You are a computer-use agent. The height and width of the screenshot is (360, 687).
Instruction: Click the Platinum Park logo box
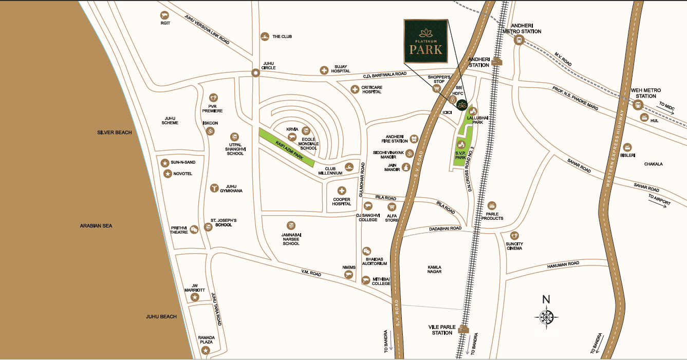(426, 41)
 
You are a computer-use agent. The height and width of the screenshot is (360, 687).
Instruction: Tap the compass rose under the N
(546, 316)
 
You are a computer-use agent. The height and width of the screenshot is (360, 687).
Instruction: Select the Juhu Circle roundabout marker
(255, 73)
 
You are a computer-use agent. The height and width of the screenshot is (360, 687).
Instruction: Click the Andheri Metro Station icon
(518, 40)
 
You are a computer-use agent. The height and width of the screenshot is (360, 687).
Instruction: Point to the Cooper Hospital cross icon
(342, 191)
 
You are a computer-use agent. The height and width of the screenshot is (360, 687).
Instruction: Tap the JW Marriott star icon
(195, 297)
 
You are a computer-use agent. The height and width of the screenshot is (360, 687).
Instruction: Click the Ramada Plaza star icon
(206, 351)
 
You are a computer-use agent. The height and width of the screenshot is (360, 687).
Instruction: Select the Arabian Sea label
(96, 226)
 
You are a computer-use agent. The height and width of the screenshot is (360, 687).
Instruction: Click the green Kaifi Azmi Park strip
(287, 147)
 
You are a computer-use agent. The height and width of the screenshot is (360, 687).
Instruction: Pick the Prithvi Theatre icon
(194, 230)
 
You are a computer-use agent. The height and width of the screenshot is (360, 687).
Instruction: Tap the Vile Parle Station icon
(464, 329)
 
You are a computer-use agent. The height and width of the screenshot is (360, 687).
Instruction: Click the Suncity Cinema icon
(507, 235)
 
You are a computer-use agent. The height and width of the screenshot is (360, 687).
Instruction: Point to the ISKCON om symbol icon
(210, 132)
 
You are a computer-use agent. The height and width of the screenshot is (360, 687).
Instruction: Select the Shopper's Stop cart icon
(436, 88)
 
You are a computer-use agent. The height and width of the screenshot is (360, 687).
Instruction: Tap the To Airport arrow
(659, 202)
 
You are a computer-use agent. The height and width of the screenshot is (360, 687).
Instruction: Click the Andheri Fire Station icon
(414, 139)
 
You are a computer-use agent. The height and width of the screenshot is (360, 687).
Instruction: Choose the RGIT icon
(165, 15)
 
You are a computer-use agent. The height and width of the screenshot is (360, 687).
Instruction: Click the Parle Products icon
(492, 206)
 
